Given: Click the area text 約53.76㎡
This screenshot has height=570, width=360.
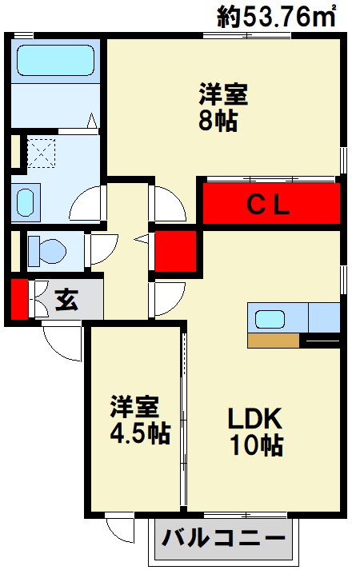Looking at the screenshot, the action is tap(276, 17).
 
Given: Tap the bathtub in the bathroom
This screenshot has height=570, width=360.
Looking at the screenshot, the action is tap(55, 60).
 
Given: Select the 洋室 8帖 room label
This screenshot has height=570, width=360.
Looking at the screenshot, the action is tap(222, 107).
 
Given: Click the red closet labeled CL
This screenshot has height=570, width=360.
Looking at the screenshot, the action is tap(271, 204).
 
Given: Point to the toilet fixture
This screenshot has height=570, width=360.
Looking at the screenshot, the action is tap(47, 250).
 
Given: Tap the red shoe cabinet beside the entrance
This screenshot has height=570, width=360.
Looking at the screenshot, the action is tap(19, 299).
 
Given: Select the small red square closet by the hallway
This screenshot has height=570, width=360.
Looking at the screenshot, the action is tap(176, 251).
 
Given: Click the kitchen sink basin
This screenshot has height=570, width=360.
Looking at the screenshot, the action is tap(270, 319).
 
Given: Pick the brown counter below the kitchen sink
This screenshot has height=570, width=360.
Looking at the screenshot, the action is tap(274, 341).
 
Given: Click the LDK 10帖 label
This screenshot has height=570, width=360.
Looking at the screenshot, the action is tap(256, 432).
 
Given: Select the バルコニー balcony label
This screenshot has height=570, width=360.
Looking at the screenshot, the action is tap(223, 538).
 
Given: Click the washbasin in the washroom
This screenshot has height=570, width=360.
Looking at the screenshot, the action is tap(26, 202).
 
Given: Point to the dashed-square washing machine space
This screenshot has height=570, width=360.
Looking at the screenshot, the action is tap(42, 153).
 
